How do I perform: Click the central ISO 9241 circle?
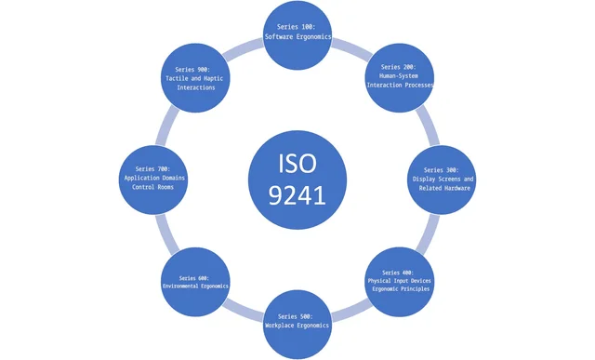click(x=297, y=180)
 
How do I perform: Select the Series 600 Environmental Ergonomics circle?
click(x=194, y=282)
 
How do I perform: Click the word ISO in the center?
click(x=297, y=164)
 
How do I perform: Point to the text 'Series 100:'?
click(x=297, y=27)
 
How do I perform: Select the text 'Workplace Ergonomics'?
click(x=297, y=326)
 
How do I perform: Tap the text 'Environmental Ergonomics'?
click(x=194, y=285)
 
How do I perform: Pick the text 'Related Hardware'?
click(x=442, y=188)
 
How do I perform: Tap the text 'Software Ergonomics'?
click(x=297, y=37)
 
